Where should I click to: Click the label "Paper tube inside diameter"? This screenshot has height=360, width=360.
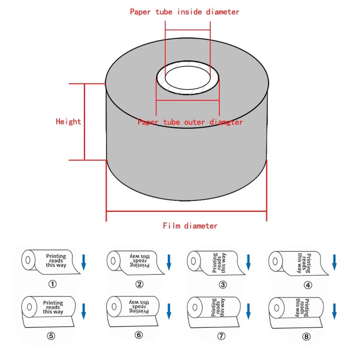(184, 12)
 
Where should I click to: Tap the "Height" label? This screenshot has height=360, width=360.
(68, 121)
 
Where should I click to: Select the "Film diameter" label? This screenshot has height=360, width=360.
(190, 226)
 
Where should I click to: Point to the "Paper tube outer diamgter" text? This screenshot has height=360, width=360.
(190, 122)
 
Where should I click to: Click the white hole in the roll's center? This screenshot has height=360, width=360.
(187, 77)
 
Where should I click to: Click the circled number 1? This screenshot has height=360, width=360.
(53, 284)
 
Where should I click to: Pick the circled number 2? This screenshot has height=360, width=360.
(139, 284)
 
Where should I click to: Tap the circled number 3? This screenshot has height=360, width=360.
(223, 284)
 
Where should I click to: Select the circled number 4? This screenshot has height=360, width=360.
(308, 284)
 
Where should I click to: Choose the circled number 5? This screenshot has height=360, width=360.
(53, 335)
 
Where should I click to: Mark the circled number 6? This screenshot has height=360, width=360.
(139, 335)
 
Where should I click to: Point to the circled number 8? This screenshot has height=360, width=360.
(307, 336)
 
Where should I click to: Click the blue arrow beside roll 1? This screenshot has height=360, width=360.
(84, 262)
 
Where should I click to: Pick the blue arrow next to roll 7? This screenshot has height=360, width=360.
(248, 311)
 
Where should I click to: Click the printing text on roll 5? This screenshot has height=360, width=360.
(53, 307)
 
